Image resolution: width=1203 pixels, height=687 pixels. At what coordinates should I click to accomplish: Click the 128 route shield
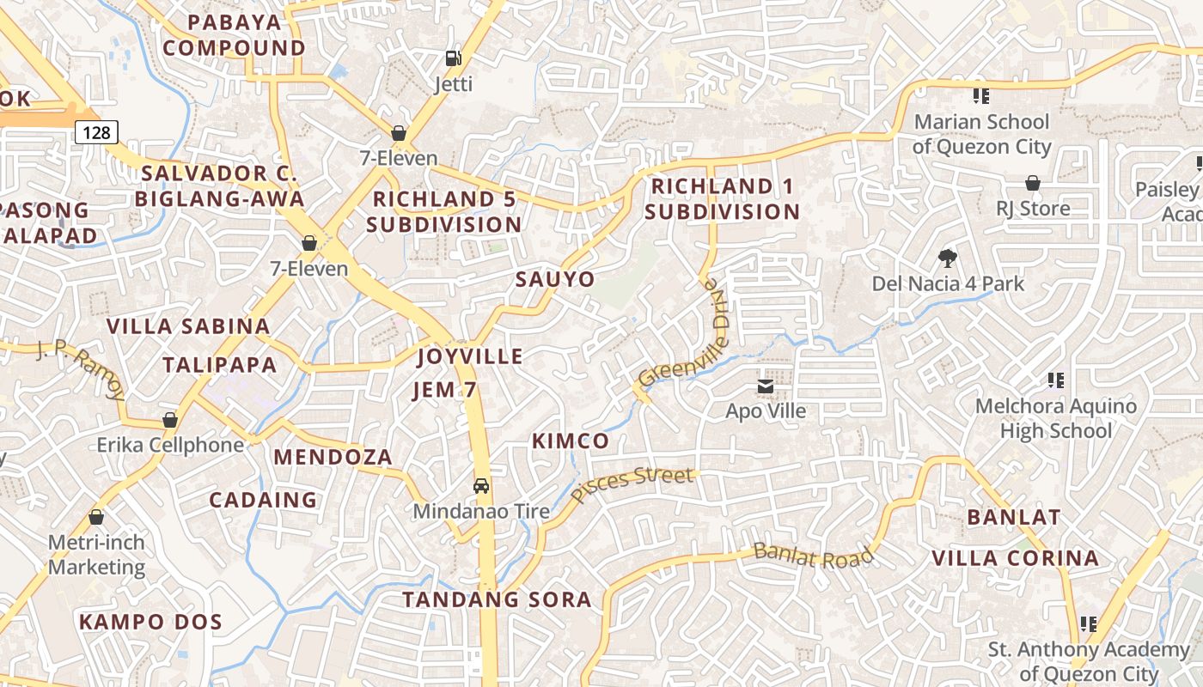point(96,131)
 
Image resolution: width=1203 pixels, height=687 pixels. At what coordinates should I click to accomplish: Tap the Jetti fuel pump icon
point(453,58)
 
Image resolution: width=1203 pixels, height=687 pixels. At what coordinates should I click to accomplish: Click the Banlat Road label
point(813,556)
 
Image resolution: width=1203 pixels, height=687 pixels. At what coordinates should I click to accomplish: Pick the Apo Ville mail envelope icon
point(766,386)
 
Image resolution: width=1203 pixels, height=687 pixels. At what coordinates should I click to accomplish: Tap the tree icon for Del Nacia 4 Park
point(948,258)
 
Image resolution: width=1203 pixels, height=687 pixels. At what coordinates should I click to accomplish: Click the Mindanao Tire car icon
point(482,486)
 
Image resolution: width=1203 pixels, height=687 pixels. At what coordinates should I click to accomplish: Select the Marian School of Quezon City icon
point(980,95)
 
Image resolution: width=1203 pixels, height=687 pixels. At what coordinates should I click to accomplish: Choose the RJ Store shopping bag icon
point(1033,183)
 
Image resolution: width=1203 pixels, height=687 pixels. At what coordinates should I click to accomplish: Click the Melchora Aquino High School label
point(1056,418)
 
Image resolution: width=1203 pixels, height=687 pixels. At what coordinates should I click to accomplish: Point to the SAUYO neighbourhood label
point(555,279)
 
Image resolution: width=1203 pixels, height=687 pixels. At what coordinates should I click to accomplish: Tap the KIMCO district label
point(571,441)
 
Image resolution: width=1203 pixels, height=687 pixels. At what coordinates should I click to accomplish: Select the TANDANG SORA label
point(498,599)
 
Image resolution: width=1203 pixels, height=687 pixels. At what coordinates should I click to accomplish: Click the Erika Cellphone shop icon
point(170,420)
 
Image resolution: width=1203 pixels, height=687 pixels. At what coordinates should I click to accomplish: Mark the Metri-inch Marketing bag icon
point(96,517)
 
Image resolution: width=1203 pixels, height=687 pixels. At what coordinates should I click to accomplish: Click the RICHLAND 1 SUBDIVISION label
point(722,198)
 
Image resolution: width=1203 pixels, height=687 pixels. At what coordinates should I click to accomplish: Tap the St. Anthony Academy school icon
point(1089,623)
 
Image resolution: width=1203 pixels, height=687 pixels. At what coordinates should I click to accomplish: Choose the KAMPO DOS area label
point(151,622)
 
